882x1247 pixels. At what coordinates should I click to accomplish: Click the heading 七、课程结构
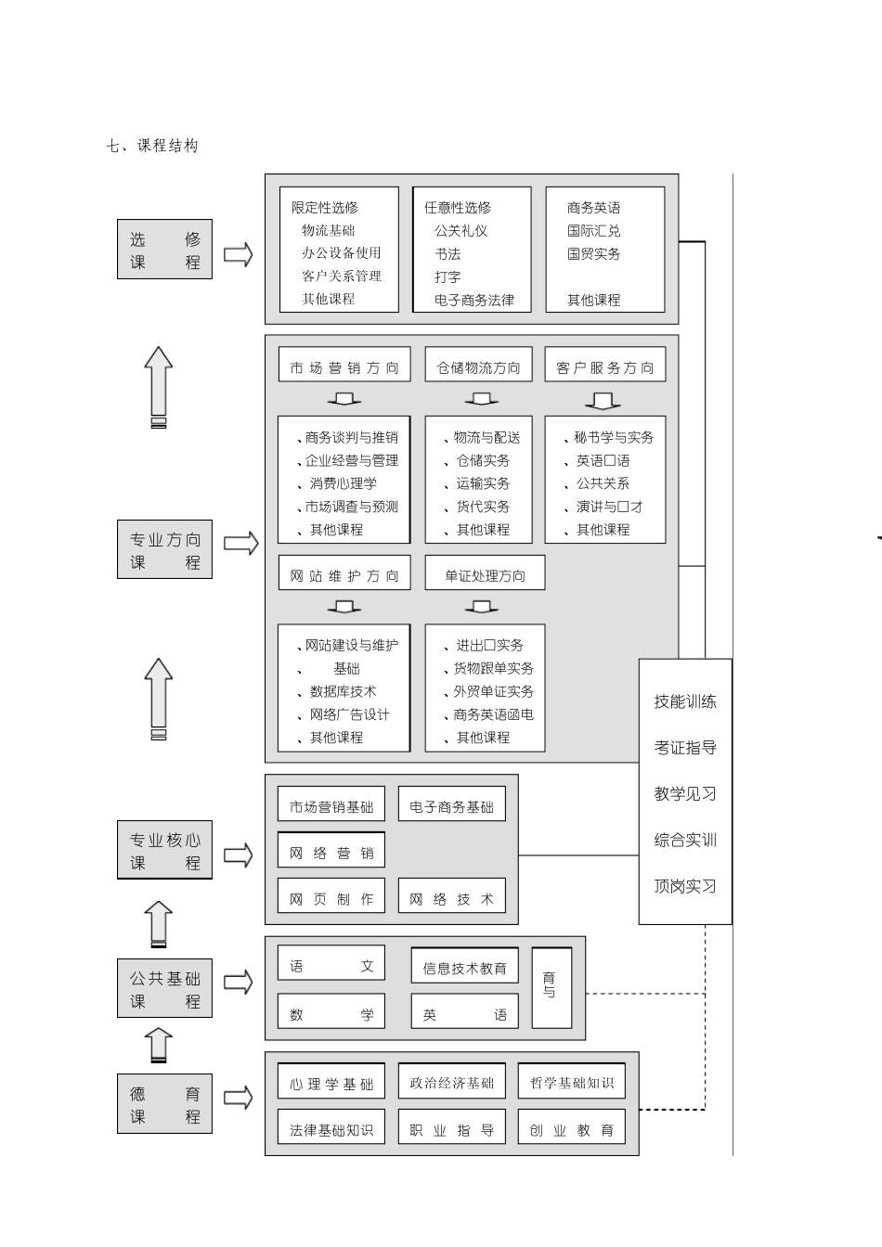pyautogui.click(x=152, y=146)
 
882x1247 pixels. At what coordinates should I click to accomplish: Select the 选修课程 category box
pyautogui.click(x=164, y=250)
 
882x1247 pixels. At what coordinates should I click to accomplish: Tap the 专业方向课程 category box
pyautogui.click(x=164, y=550)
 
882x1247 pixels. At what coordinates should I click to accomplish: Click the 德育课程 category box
pyautogui.click(x=164, y=1104)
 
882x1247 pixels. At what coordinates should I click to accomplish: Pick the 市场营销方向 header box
pyautogui.click(x=344, y=367)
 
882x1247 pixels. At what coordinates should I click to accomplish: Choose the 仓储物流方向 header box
pyautogui.click(x=478, y=367)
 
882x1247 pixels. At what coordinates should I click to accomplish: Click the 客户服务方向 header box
pyautogui.click(x=604, y=367)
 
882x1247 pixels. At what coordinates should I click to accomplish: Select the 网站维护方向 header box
pyautogui.click(x=344, y=575)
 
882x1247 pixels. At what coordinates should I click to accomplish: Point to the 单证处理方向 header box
pyautogui.click(x=485, y=575)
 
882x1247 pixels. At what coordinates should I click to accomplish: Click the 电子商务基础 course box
pyautogui.click(x=451, y=806)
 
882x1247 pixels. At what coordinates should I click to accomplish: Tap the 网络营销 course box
pyautogui.click(x=331, y=853)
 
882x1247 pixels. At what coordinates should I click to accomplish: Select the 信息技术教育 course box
pyautogui.click(x=464, y=968)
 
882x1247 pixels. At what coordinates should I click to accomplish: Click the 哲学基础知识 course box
pyautogui.click(x=571, y=1083)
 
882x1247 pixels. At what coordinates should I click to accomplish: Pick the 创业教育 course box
pyautogui.click(x=571, y=1129)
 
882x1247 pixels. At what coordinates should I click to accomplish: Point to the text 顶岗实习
pyautogui.click(x=685, y=886)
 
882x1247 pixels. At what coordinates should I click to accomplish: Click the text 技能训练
pyautogui.click(x=685, y=701)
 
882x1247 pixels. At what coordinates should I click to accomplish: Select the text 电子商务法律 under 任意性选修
pyautogui.click(x=473, y=300)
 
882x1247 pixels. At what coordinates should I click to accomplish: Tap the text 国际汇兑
pyautogui.click(x=593, y=230)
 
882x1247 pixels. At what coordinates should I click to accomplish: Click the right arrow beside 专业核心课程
pyautogui.click(x=239, y=855)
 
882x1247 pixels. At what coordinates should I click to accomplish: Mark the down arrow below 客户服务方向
pyautogui.click(x=603, y=401)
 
